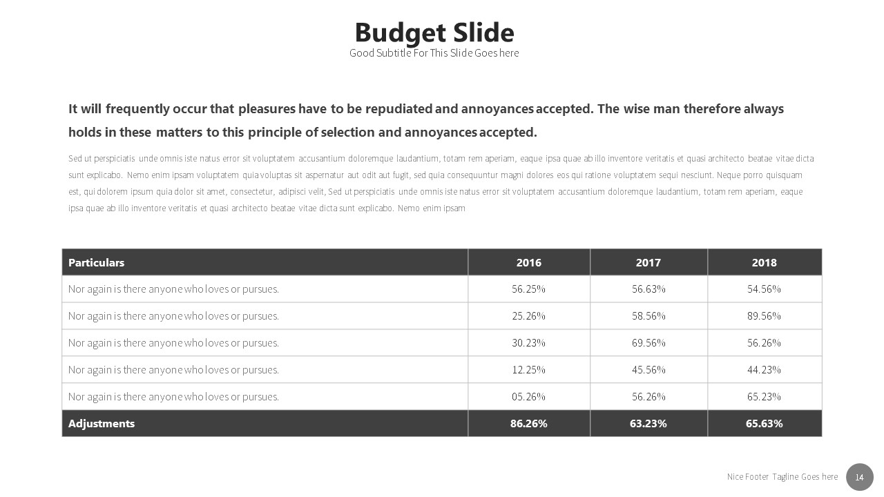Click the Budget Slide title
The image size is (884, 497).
(x=434, y=32)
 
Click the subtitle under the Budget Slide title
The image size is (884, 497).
(x=434, y=53)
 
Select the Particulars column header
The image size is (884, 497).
(x=97, y=262)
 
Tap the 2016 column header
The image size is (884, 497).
(x=529, y=262)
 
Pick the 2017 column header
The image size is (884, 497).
(x=648, y=262)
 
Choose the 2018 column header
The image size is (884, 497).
(x=765, y=262)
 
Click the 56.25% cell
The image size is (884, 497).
(x=529, y=289)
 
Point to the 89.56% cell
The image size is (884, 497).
(x=765, y=316)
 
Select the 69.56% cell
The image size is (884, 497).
(x=648, y=343)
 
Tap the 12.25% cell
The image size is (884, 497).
(x=529, y=370)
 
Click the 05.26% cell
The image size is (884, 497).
(x=529, y=397)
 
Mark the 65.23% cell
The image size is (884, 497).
(x=765, y=397)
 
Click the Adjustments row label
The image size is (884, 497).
(x=102, y=424)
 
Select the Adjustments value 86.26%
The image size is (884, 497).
(x=529, y=424)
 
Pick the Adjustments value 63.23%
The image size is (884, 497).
(x=648, y=424)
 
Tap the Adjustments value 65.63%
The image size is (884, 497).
(x=765, y=424)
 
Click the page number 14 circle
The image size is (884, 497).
(x=860, y=477)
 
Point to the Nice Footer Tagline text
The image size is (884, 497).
(x=782, y=477)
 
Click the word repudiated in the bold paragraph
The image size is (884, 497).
(x=399, y=109)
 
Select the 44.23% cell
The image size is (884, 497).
(x=765, y=370)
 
